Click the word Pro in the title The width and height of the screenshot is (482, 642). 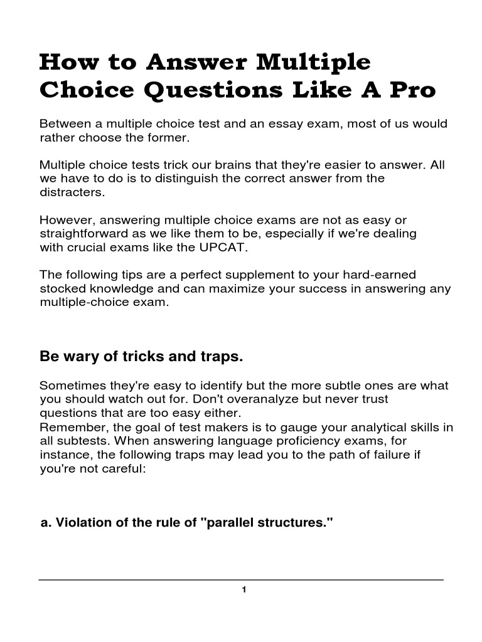pos(412,90)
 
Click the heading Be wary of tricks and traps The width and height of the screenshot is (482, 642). pos(141,357)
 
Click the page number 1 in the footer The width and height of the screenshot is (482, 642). pos(242,589)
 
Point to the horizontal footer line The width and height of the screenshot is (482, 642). pos(241,579)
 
